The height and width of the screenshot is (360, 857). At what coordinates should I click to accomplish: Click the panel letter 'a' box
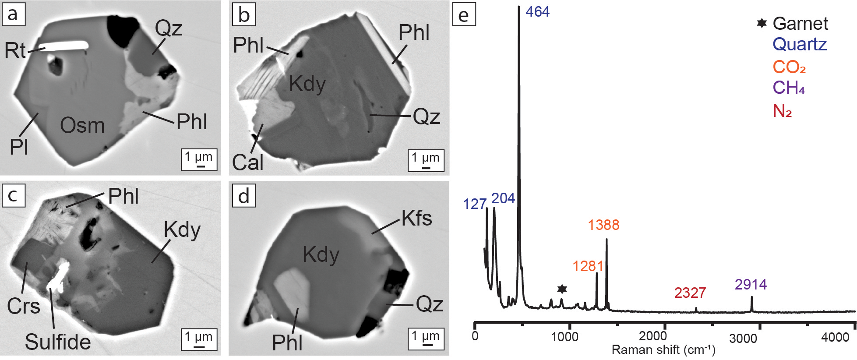(13, 14)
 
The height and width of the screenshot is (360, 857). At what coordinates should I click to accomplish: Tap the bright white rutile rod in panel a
(64, 46)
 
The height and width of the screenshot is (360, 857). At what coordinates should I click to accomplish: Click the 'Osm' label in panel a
(82, 126)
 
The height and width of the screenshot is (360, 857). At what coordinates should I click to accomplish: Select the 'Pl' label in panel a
(19, 147)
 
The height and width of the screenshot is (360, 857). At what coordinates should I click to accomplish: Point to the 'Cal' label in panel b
(247, 162)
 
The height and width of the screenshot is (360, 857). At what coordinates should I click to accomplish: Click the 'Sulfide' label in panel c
(58, 342)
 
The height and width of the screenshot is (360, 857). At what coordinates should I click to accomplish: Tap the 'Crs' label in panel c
(24, 306)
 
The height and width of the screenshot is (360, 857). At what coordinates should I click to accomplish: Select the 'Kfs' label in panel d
(416, 218)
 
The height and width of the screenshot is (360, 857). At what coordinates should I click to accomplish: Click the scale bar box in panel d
(426, 339)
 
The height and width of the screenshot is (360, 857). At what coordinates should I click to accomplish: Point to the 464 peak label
(537, 12)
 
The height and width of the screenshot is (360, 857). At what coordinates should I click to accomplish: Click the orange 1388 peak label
(603, 225)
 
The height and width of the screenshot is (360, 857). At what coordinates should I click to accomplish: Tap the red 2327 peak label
(690, 293)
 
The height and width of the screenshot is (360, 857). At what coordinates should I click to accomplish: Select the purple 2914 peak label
(751, 285)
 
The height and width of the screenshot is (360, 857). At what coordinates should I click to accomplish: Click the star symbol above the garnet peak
(562, 289)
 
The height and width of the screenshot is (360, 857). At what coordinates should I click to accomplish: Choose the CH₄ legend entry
(789, 88)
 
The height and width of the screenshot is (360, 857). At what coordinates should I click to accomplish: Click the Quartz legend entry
(800, 45)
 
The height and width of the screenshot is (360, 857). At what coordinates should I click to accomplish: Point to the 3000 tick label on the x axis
(743, 339)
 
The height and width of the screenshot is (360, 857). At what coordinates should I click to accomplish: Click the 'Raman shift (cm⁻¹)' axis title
(663, 350)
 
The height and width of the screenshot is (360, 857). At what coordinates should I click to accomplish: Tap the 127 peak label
(475, 204)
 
